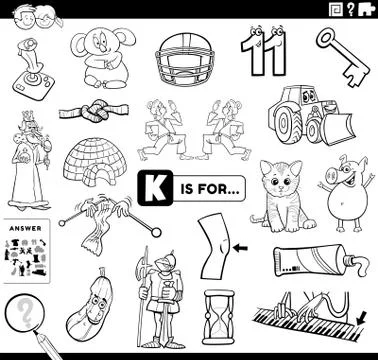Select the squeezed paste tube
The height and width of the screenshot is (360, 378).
[320, 262]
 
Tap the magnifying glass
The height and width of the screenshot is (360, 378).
[24, 315]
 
